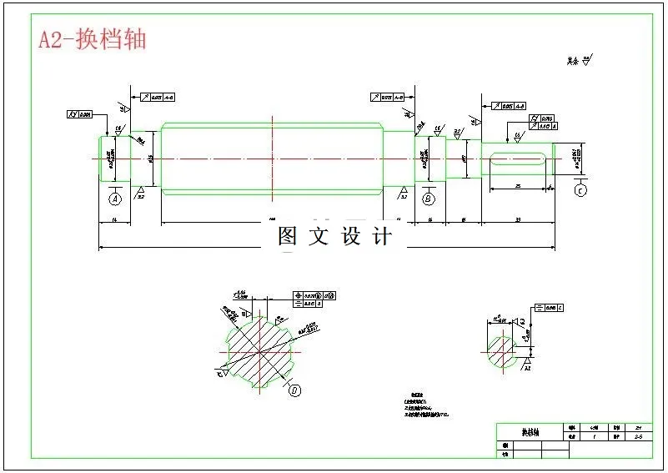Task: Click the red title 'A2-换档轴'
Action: pyautogui.click(x=93, y=40)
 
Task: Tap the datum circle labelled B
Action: pyautogui.click(x=429, y=199)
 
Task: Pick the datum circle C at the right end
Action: pyautogui.click(x=580, y=190)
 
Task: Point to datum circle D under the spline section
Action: pyautogui.click(x=295, y=389)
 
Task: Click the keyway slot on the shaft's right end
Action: pyautogui.click(x=517, y=159)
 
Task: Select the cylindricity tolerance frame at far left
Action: pyautogui.click(x=80, y=113)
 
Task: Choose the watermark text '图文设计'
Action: pyautogui.click(x=334, y=236)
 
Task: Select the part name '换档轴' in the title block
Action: pyautogui.click(x=530, y=433)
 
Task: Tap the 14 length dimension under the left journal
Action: pyautogui.click(x=114, y=219)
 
